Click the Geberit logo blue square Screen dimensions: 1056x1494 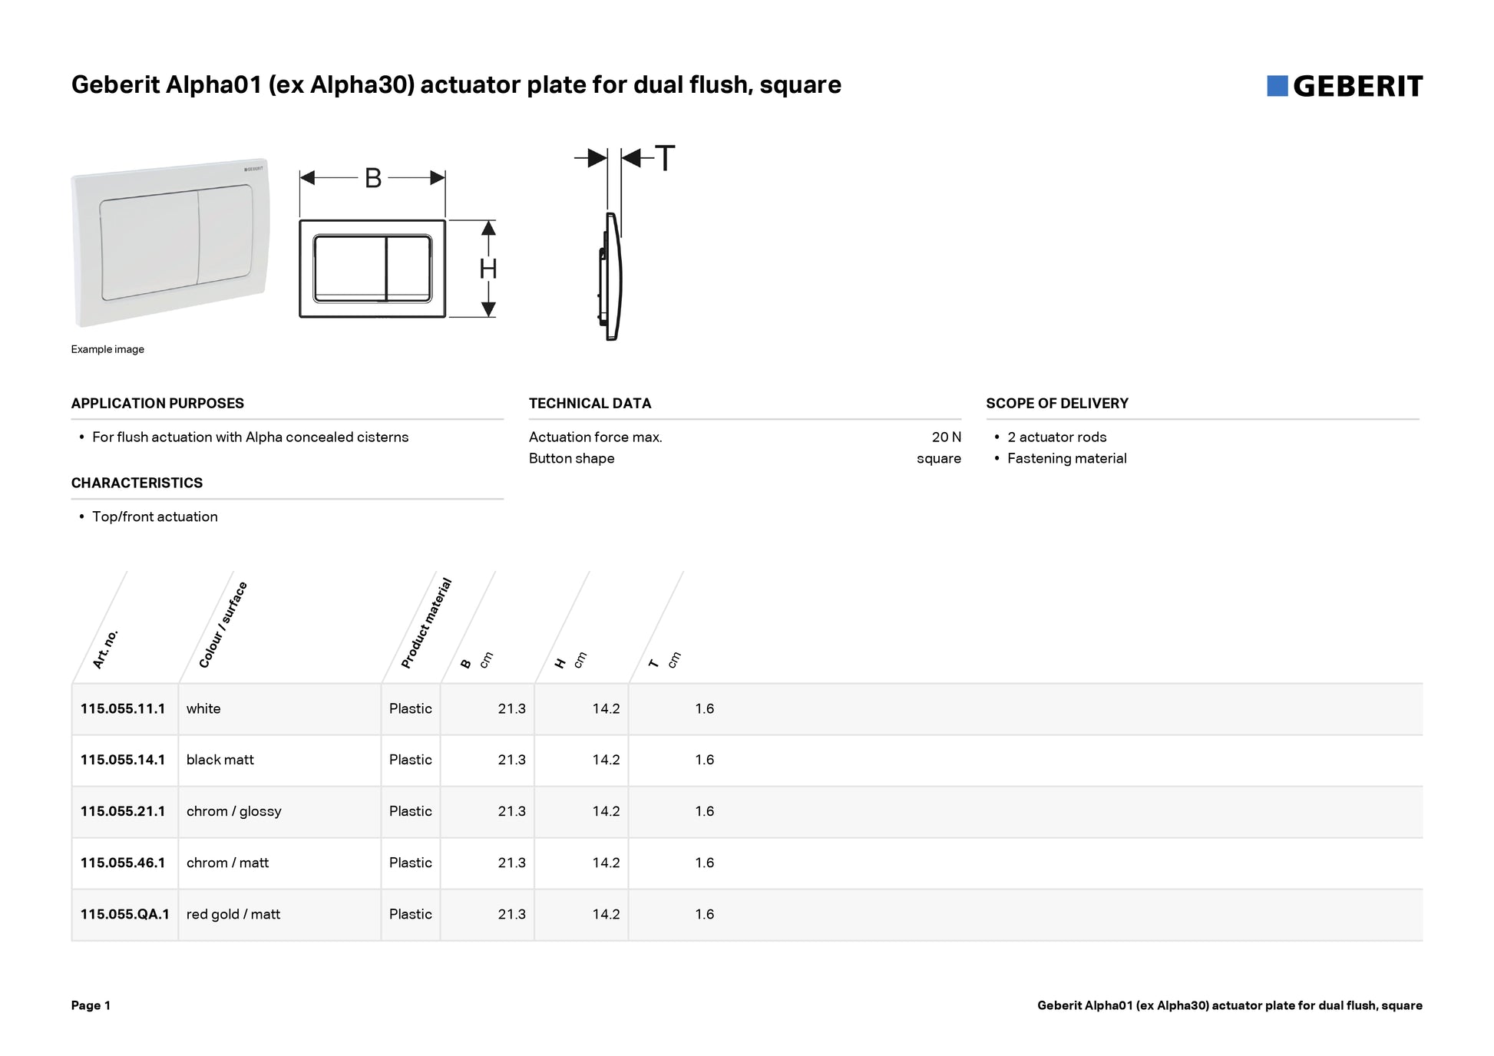click(x=1277, y=86)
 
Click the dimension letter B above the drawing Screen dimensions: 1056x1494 click(x=373, y=178)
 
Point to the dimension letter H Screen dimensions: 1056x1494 click(x=488, y=269)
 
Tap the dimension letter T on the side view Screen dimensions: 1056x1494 click(x=665, y=159)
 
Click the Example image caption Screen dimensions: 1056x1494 click(x=107, y=349)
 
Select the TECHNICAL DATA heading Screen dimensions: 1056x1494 click(x=590, y=403)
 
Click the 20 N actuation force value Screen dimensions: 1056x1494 click(x=946, y=437)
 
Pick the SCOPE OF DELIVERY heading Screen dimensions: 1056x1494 click(x=1056, y=403)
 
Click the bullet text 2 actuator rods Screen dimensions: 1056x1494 click(x=1056, y=437)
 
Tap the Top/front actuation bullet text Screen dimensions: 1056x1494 click(x=154, y=516)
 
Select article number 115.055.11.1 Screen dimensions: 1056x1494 click(x=123, y=708)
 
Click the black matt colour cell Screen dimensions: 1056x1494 click(x=220, y=760)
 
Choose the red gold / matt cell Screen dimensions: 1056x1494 click(x=233, y=914)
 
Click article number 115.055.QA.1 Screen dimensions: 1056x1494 click(x=124, y=914)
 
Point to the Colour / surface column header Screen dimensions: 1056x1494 click(x=223, y=625)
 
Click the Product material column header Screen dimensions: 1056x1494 click(x=427, y=623)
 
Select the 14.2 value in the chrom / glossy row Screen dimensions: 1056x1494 click(x=606, y=811)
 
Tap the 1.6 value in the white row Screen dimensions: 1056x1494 click(x=704, y=708)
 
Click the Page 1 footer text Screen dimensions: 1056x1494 click(x=91, y=1005)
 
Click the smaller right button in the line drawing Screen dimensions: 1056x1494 click(x=408, y=268)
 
